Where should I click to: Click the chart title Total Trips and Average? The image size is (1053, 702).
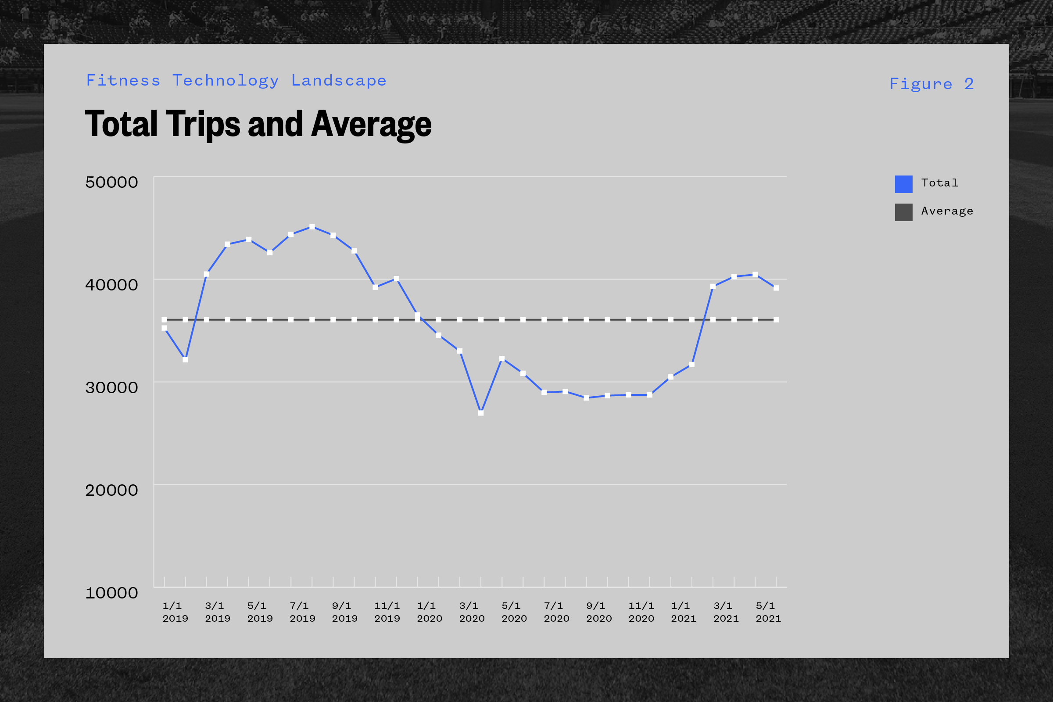tap(258, 124)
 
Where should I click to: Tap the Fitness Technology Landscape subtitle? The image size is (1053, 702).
tap(236, 81)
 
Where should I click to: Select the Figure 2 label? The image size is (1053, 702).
tap(931, 84)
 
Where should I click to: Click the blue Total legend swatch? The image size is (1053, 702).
tap(903, 184)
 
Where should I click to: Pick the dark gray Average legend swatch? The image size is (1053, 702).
tap(903, 212)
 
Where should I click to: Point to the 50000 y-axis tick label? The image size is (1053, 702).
tap(111, 182)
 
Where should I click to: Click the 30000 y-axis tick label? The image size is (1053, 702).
tap(111, 387)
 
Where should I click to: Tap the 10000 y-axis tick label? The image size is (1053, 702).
tap(111, 593)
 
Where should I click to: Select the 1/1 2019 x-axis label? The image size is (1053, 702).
tap(175, 612)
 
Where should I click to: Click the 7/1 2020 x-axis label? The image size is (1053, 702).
tap(556, 612)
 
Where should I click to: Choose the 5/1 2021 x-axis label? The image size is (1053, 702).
tap(768, 612)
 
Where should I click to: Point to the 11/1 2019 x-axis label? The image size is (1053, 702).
tap(387, 612)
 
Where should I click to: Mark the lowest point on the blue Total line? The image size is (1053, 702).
tap(481, 413)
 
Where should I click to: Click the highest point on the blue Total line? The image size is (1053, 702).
tap(312, 227)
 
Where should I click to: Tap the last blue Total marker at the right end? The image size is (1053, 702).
tap(776, 288)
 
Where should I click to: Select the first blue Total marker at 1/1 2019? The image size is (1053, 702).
tap(164, 328)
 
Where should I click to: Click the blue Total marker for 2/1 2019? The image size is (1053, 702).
tap(185, 359)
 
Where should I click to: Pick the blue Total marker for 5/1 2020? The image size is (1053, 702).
tap(502, 358)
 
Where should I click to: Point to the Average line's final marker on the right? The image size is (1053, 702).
tap(776, 320)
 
